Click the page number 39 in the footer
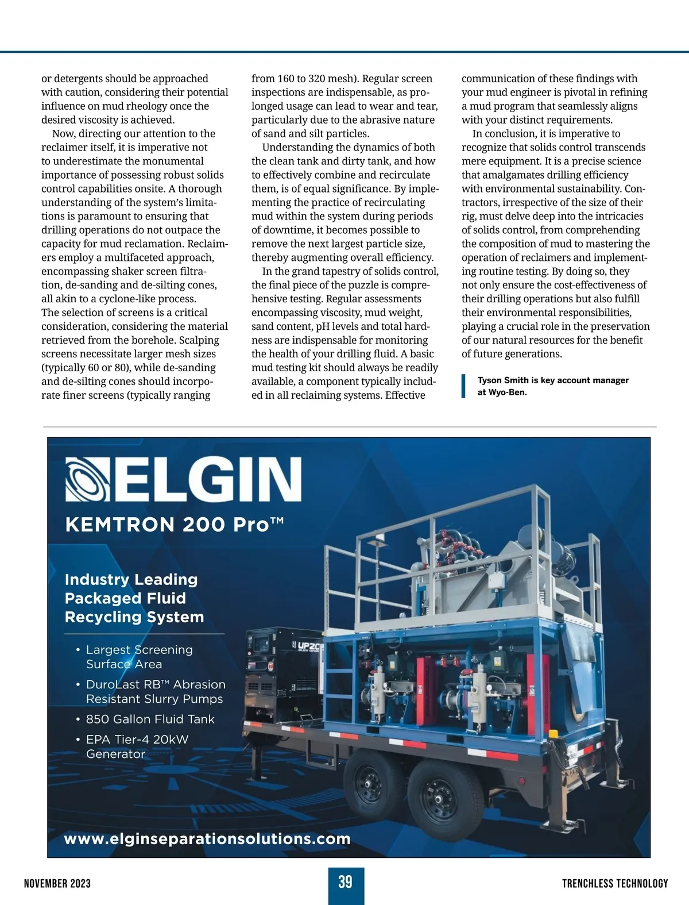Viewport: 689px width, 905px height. (x=345, y=882)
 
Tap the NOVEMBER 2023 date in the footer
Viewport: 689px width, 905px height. (x=57, y=883)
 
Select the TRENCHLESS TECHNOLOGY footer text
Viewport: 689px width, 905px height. (x=615, y=883)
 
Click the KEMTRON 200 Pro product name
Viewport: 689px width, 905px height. (x=174, y=525)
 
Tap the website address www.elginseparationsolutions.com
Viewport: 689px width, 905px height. (x=207, y=839)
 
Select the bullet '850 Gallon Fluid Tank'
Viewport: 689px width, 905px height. (x=150, y=719)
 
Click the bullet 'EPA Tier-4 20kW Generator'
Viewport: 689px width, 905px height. (x=137, y=746)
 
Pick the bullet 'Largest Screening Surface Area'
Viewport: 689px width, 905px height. (x=139, y=657)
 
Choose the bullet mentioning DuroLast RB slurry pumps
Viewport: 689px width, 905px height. (x=155, y=692)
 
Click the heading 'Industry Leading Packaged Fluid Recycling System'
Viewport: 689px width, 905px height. (x=134, y=598)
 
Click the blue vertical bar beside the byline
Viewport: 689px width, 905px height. (x=463, y=386)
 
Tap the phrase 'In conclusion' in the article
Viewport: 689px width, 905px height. (x=505, y=134)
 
